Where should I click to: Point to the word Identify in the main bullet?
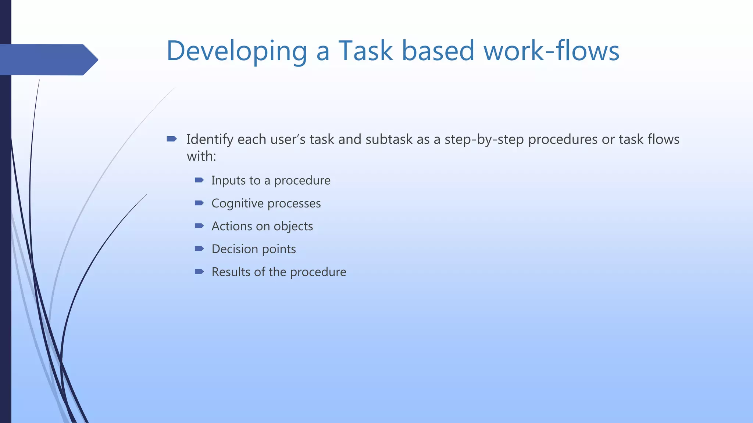pos(210,140)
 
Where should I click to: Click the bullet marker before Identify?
pos(171,139)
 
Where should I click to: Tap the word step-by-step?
pos(484,140)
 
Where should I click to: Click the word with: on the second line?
pos(201,156)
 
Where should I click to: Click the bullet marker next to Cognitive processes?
pos(199,203)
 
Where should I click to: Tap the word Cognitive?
pos(238,203)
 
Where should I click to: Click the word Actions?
pos(232,226)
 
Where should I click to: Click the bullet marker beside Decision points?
pos(199,249)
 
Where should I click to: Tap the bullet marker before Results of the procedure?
pos(199,272)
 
